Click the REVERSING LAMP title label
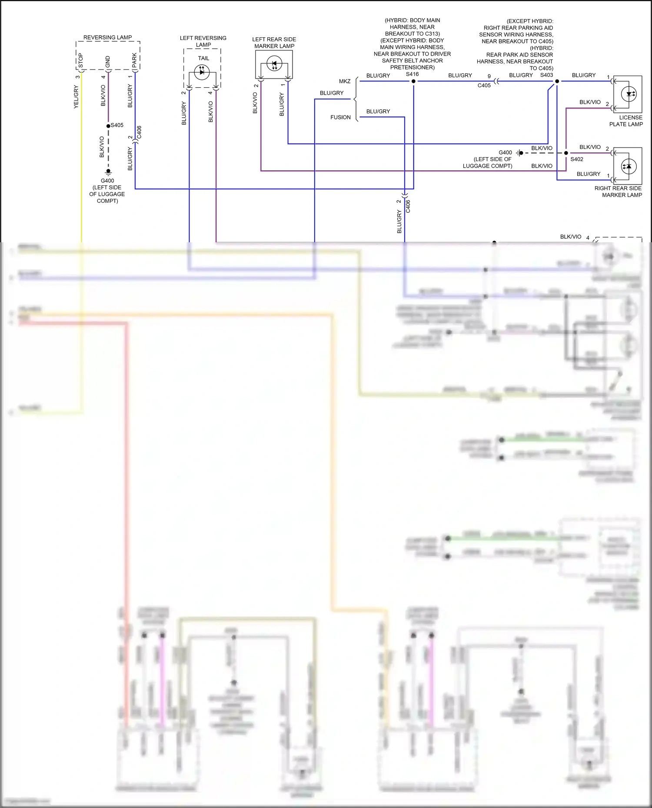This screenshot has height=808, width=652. pos(107,37)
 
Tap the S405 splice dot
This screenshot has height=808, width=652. pos(108,126)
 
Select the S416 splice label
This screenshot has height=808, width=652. pos(412,74)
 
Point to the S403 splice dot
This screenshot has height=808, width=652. pos(557,81)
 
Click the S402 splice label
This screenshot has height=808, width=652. pos(576,159)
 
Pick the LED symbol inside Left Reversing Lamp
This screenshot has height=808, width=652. pos(202,72)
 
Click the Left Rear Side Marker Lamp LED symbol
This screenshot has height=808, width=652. pos(274,64)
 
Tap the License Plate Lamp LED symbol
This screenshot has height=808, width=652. pos(629,94)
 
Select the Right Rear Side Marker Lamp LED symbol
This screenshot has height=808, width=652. pos(629,166)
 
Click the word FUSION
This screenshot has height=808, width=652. pos(340,117)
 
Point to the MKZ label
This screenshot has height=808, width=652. pos(345,81)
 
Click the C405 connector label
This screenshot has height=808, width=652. pos(484,86)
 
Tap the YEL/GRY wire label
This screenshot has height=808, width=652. pos(76,97)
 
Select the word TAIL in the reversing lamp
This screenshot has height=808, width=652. pos(203,58)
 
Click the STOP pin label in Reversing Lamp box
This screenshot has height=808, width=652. pos(80,61)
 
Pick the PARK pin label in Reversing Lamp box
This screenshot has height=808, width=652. pos(134,61)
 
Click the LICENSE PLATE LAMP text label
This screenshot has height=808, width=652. pos(626,121)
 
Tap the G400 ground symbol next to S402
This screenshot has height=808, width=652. pos(519,153)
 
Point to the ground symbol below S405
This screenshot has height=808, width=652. pos(108,172)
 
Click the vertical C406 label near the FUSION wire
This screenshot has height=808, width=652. pos(408,206)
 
